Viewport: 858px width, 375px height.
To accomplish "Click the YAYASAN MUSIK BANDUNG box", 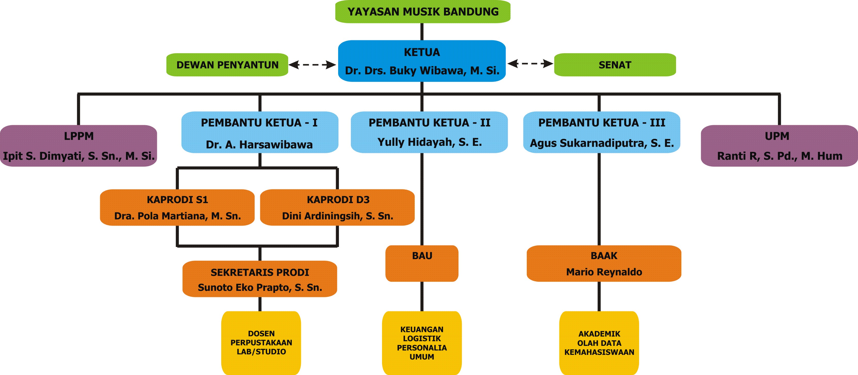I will click(x=422, y=12).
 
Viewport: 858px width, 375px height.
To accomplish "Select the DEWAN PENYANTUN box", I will click(x=227, y=65).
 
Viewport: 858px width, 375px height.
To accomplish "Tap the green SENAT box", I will click(x=615, y=65).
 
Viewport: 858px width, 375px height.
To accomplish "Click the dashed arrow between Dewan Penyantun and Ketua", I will click(x=312, y=65).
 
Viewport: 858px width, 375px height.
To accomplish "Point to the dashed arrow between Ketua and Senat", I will click(x=530, y=63).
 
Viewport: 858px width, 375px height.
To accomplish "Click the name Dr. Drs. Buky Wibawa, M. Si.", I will click(x=422, y=71).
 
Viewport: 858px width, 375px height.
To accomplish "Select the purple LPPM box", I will click(x=79, y=146).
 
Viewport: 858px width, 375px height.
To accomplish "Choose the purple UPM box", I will click(x=779, y=146).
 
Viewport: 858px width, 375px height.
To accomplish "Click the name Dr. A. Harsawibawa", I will click(x=259, y=145).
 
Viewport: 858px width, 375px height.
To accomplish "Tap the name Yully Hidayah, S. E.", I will click(x=429, y=142).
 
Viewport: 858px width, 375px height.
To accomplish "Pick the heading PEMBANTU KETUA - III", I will click(x=601, y=123).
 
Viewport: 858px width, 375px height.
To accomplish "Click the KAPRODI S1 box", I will click(x=177, y=207).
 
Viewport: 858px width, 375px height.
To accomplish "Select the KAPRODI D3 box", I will click(x=337, y=207).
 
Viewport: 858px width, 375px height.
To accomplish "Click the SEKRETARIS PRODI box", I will click(x=260, y=279).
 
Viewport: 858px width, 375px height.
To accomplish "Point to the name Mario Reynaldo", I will click(x=604, y=272).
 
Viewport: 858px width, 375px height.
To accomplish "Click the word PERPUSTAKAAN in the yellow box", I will click(x=261, y=343).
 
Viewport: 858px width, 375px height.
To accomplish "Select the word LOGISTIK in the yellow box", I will click(x=422, y=339).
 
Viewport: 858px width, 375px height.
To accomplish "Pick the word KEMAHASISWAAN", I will click(x=599, y=352).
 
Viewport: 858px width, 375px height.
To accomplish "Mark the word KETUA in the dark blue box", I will click(x=422, y=52).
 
